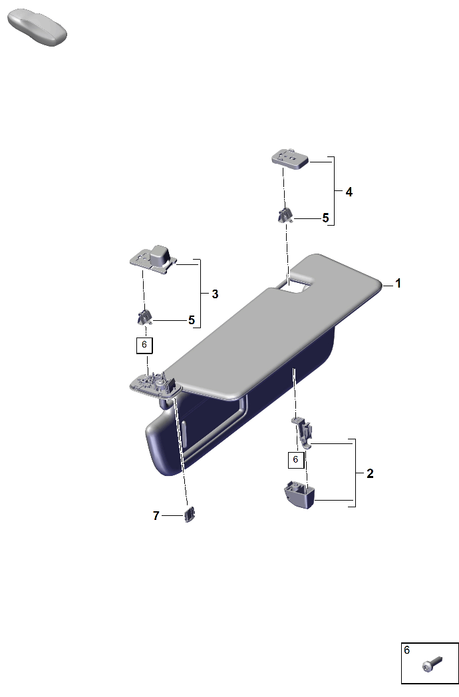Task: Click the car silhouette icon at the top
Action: tap(37, 27)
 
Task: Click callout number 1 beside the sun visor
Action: tap(398, 283)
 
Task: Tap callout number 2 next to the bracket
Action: tap(370, 473)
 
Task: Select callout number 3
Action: tap(215, 294)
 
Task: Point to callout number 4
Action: tap(349, 192)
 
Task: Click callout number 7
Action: tap(156, 516)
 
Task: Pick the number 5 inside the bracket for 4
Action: tap(326, 218)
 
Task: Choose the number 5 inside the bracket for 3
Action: tap(192, 320)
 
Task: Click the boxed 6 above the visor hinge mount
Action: tap(144, 345)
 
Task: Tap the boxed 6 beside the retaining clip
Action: tap(295, 459)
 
